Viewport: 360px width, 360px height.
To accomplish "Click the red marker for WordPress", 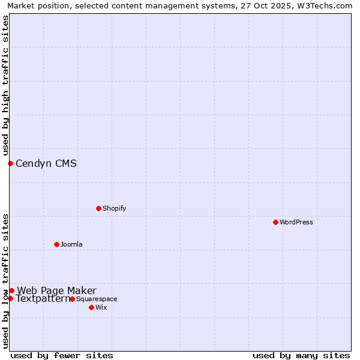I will pyautogui.click(x=275, y=222).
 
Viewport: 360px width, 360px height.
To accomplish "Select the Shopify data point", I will pyautogui.click(x=98, y=208).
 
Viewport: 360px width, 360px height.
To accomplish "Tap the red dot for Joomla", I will pyautogui.click(x=56, y=244).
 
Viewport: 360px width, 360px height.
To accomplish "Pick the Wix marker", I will pyautogui.click(x=91, y=307).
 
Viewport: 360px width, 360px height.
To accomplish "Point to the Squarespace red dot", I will pyautogui.click(x=72, y=299).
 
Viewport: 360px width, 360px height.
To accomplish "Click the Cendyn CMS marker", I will pyautogui.click(x=10, y=163).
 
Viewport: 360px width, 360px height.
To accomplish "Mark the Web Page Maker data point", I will pyautogui.click(x=11, y=290).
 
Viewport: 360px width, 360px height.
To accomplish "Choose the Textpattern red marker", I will pyautogui.click(x=10, y=298).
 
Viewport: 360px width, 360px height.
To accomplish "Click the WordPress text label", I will pyautogui.click(x=296, y=223).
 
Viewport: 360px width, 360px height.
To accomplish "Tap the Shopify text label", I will pyautogui.click(x=115, y=209).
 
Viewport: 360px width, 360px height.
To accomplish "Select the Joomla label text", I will pyautogui.click(x=71, y=245).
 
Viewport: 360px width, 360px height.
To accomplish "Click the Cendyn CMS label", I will pyautogui.click(x=46, y=163).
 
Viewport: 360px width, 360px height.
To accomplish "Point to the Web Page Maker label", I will pyautogui.click(x=56, y=291).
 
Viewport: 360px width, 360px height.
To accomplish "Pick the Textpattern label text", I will pyautogui.click(x=43, y=299).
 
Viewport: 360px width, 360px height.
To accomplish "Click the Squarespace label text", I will pyautogui.click(x=97, y=299).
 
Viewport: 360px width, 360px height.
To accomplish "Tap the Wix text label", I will pyautogui.click(x=101, y=308).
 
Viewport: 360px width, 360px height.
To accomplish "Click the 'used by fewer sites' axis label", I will pyautogui.click(x=62, y=355).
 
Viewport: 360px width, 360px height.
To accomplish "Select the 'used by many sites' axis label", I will pyautogui.click(x=301, y=355).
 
